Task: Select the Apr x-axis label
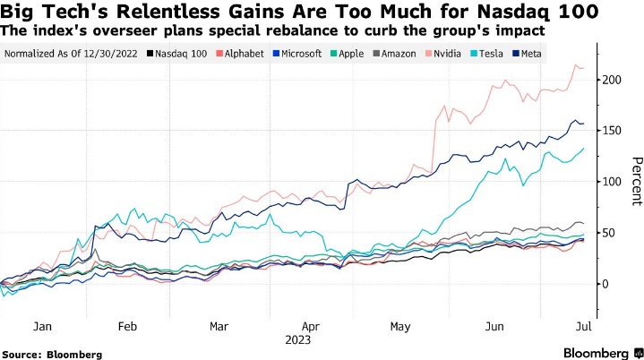pyautogui.click(x=310, y=327)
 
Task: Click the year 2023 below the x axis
pyautogui.click(x=297, y=339)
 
